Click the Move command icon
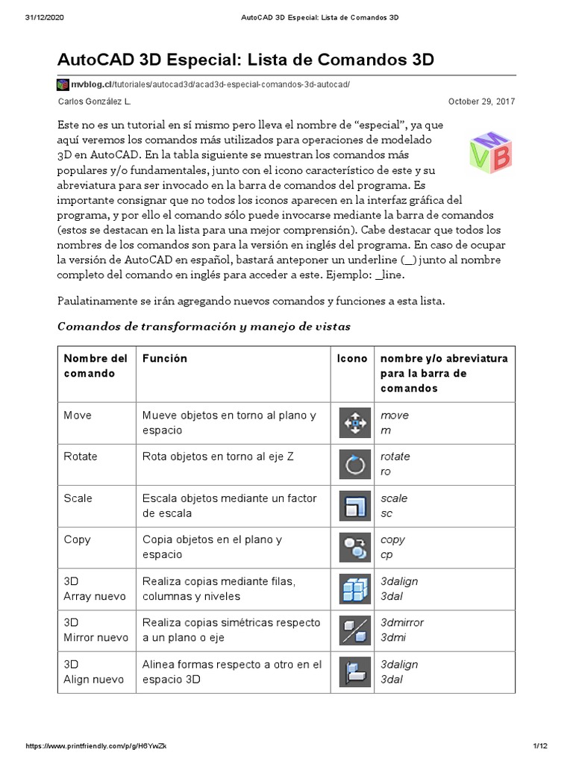tap(355, 423)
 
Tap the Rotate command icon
tap(355, 464)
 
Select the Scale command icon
tap(355, 506)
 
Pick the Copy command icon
tap(355, 547)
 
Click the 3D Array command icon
tap(355, 589)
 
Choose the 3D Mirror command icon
tap(355, 630)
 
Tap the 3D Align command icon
tap(355, 671)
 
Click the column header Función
tap(165, 358)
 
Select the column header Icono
tap(352, 358)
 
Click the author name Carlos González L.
tap(94, 101)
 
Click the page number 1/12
tap(540, 746)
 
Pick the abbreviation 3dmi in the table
tap(392, 638)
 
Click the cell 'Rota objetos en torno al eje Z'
tap(218, 457)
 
